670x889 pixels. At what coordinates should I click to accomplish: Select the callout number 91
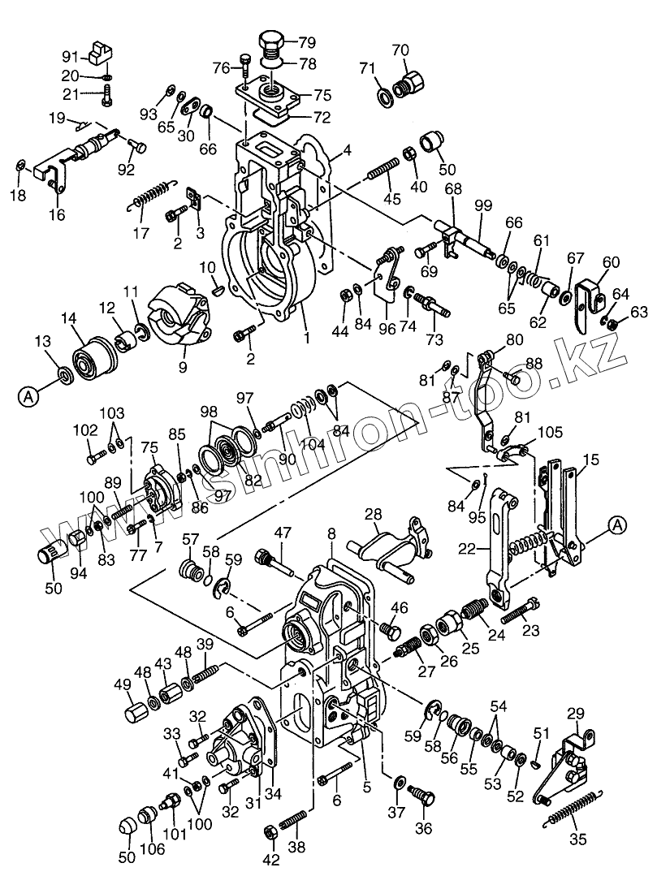coord(71,56)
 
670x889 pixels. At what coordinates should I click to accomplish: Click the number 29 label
coord(575,714)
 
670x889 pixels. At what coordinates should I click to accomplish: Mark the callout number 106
coord(153,849)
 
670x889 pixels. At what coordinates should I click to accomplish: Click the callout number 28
coord(373,515)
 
